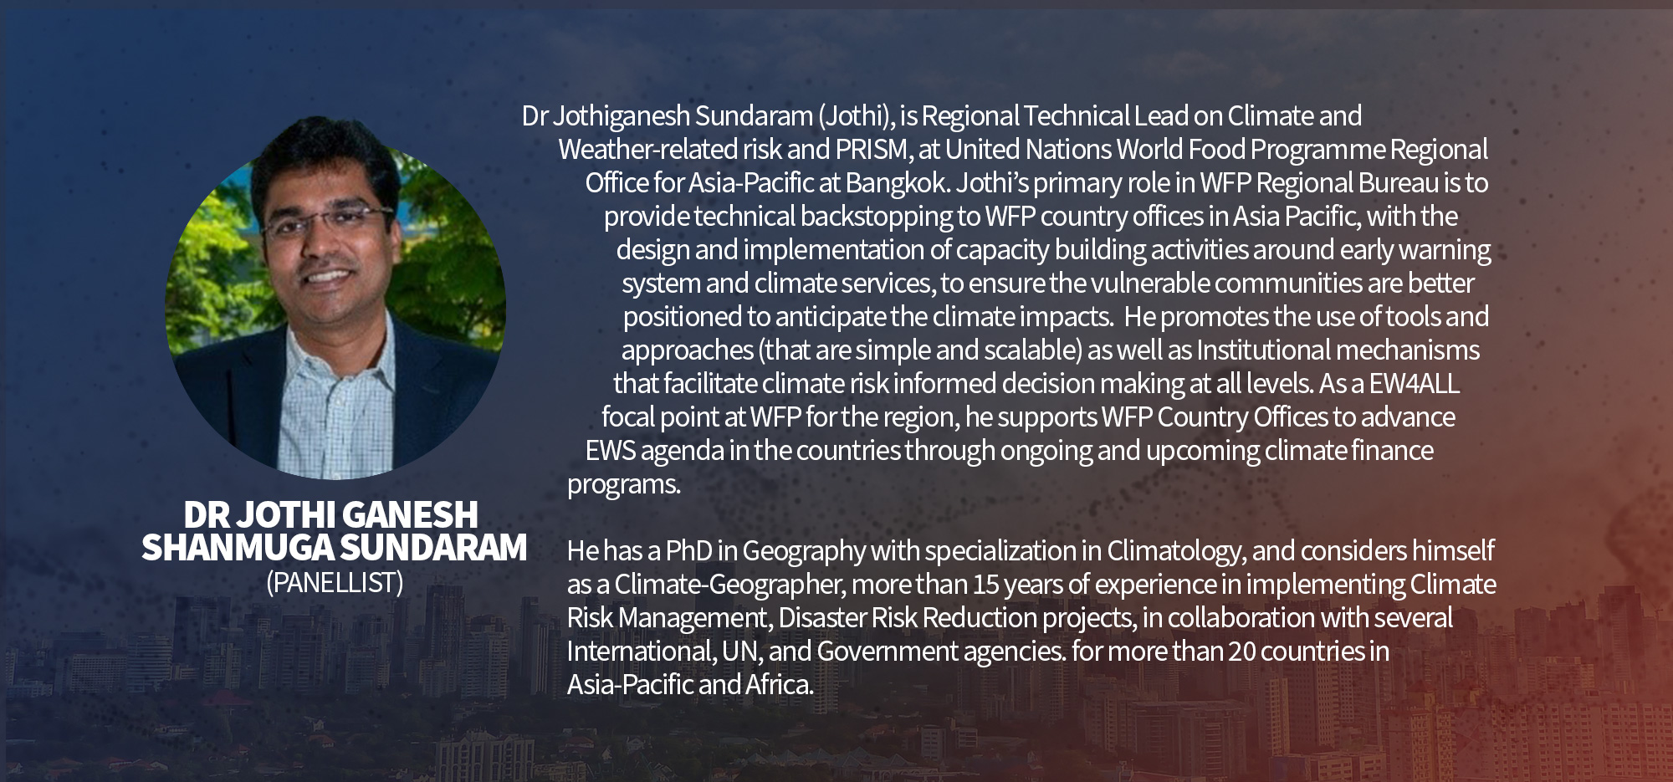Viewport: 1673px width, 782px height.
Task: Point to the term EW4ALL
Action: (1415, 384)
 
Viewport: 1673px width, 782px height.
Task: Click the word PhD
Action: (689, 551)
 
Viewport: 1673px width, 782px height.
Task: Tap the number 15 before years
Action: (987, 585)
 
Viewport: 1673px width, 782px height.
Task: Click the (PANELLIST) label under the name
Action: (335, 582)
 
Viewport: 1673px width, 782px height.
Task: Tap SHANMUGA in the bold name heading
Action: (237, 548)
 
